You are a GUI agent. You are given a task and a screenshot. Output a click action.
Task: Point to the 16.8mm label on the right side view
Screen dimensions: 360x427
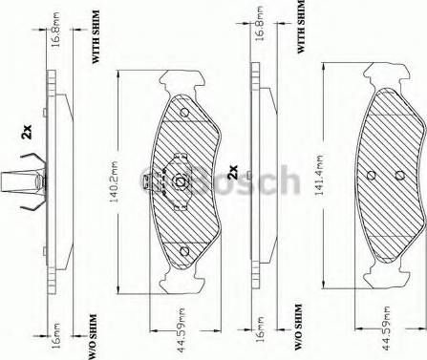pos(260,35)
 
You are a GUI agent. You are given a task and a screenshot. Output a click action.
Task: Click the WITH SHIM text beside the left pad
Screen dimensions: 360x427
pos(96,44)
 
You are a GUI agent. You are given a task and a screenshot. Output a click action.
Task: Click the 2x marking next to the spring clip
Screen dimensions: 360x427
pos(26,134)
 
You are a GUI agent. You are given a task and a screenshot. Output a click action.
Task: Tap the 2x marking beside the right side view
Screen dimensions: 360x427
pos(234,175)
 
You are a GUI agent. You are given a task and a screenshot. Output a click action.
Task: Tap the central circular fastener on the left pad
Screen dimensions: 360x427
pos(180,181)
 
